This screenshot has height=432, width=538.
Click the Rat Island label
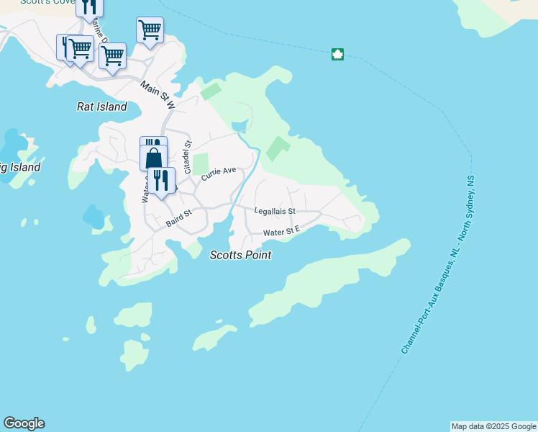(101, 107)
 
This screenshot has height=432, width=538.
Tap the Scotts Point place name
(240, 255)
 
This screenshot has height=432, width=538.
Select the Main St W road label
(158, 95)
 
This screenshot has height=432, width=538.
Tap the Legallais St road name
(275, 211)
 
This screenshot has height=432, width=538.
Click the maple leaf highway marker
(337, 54)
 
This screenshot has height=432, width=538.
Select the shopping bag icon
(154, 158)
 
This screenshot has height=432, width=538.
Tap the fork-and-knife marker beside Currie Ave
(162, 180)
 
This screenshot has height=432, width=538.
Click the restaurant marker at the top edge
(89, 6)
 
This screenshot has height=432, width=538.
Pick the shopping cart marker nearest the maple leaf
(150, 30)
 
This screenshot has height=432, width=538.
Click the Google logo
(24, 423)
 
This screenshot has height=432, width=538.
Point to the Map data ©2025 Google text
(493, 426)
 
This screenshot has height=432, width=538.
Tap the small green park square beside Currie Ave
(200, 163)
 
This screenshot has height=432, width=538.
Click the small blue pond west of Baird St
(93, 215)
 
